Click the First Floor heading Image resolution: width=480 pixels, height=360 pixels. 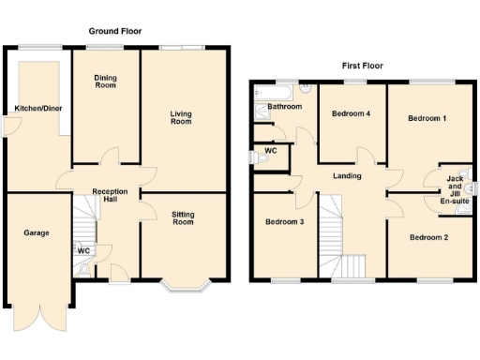(362, 66)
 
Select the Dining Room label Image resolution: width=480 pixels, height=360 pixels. (105, 82)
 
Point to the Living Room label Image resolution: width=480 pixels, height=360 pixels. (181, 117)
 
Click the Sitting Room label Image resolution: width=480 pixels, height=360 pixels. (183, 218)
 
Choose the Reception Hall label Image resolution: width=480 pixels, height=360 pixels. (109, 197)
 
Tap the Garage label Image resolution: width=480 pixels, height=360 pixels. (37, 232)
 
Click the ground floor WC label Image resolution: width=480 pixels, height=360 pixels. (83, 250)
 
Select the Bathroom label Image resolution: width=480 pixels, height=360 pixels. (284, 107)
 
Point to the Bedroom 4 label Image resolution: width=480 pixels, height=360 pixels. (350, 113)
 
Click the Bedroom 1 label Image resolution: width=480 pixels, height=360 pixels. (427, 119)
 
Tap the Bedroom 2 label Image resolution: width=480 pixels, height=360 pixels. (428, 237)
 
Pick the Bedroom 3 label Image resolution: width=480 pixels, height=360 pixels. (284, 222)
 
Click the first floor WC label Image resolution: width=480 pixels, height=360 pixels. (271, 151)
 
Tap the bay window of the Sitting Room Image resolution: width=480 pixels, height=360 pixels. (183, 285)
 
